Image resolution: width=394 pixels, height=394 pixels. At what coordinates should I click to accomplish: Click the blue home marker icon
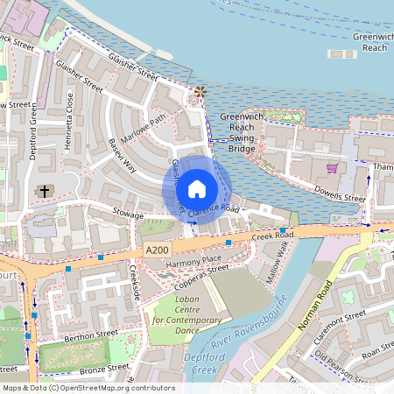197,188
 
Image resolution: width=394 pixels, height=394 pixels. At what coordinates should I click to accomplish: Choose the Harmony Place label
193,260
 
